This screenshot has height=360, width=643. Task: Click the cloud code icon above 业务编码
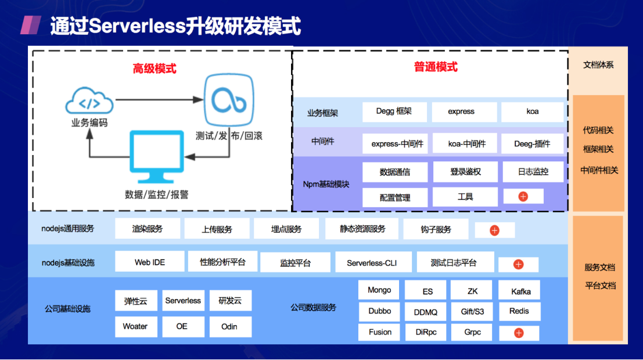coord(89,100)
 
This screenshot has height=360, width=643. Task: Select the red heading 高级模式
coord(155,69)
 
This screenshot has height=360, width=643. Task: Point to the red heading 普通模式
coord(436,67)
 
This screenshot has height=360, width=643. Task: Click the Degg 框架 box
coord(394,111)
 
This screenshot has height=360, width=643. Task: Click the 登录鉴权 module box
coord(465,172)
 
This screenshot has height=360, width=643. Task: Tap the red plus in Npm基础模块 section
coord(523,197)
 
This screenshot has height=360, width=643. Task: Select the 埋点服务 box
coord(286,229)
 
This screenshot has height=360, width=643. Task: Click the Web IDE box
coord(150,262)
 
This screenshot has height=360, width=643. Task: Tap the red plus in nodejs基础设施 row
coord(518,264)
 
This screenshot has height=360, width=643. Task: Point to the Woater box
coord(136,326)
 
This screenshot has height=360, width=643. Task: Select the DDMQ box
coord(425,312)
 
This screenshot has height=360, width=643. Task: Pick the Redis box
coord(519,311)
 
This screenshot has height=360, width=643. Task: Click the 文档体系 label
coord(598,65)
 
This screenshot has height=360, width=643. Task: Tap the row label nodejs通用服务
coord(67,228)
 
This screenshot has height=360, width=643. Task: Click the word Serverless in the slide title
coord(137,26)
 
